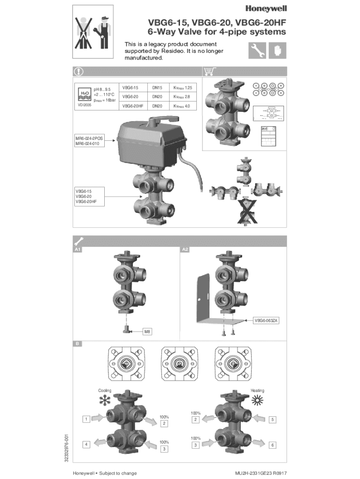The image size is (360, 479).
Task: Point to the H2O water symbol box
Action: point(84,94)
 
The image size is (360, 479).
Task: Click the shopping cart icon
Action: point(209,72)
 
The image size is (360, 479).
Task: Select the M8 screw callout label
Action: point(148,332)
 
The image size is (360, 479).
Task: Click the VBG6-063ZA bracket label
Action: point(266,321)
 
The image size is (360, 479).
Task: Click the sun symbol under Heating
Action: point(258,400)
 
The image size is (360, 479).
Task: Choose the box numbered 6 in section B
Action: point(273,445)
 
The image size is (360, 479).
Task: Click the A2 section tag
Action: point(185,249)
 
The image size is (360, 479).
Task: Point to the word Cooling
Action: point(105,390)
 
